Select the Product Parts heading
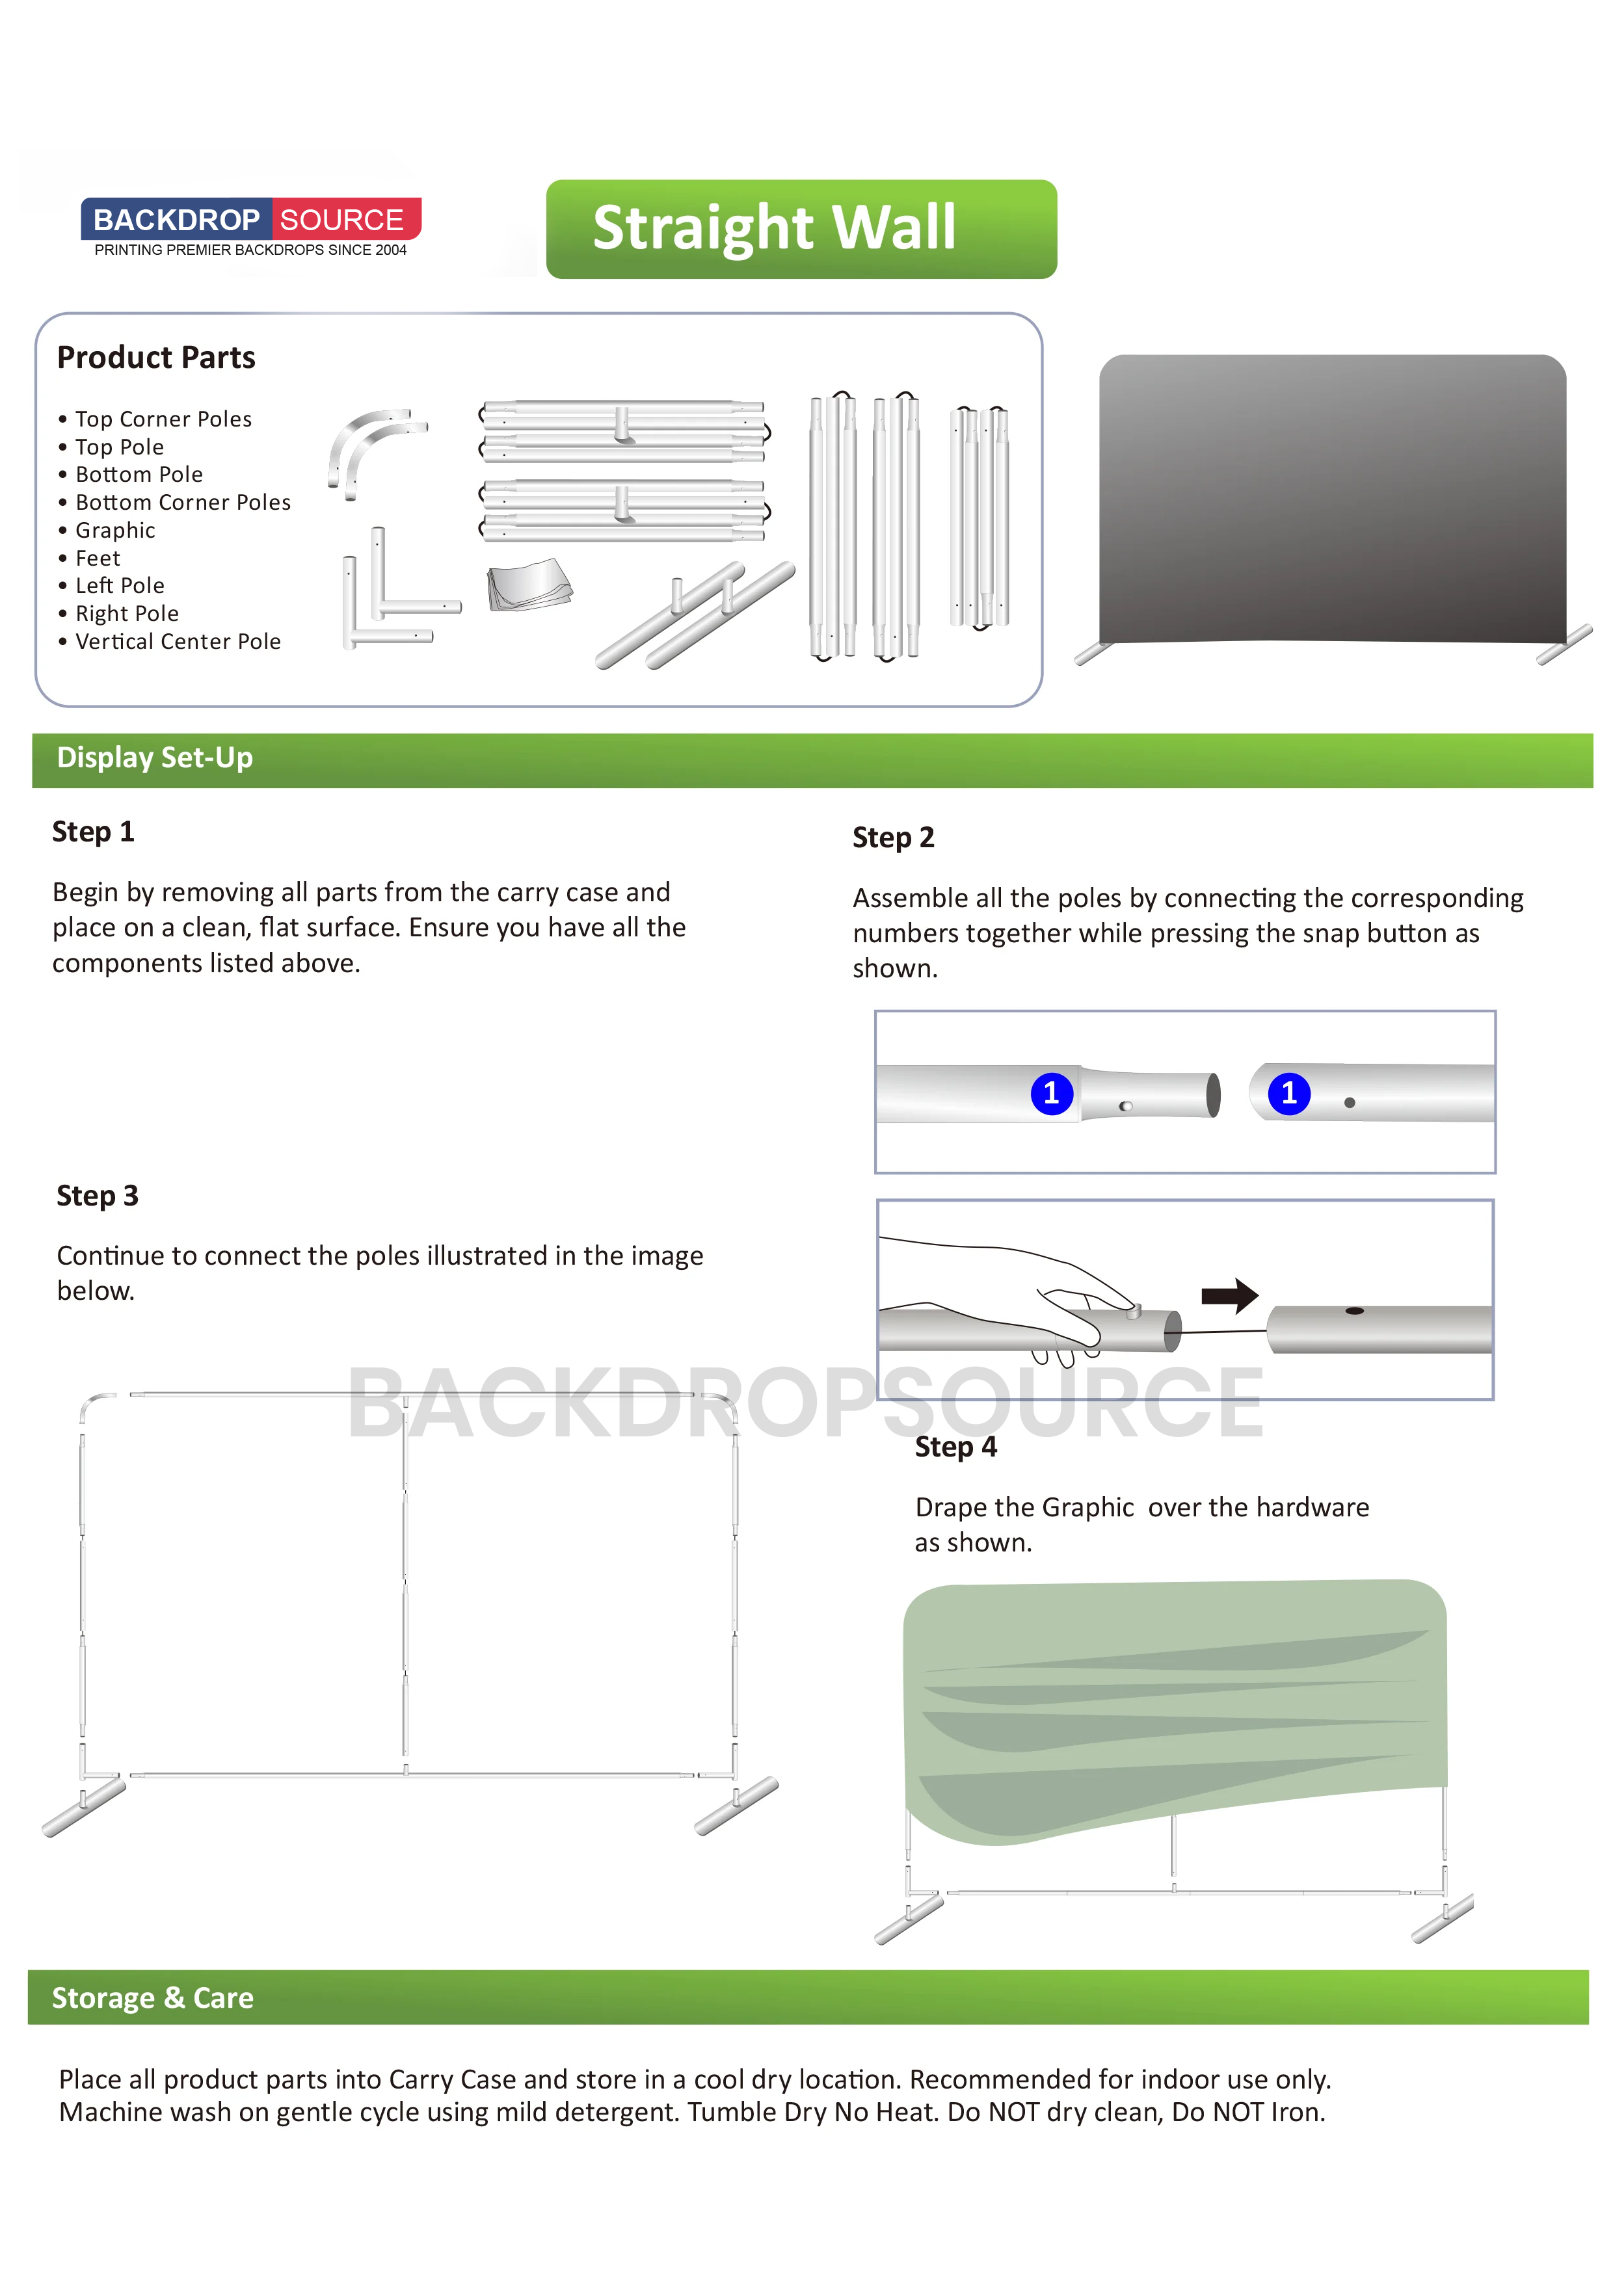coord(156,358)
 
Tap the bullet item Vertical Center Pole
coord(178,642)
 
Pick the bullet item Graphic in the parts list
coord(115,531)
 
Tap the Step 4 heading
coord(955,1447)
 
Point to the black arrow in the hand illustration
coord(1229,1295)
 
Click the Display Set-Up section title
coord(154,758)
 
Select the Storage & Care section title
coord(152,1998)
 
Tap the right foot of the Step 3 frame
coord(736,1806)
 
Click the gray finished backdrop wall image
coord(1332,497)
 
